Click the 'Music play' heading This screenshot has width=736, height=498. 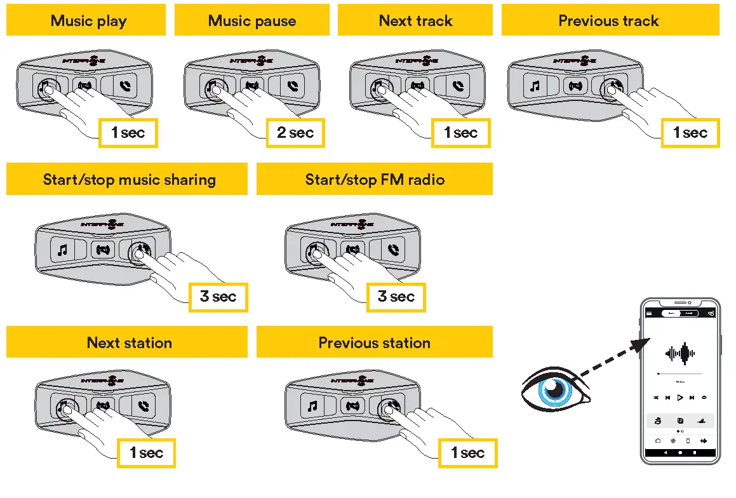pyautogui.click(x=88, y=20)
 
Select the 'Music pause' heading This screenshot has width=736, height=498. pyautogui.click(x=251, y=20)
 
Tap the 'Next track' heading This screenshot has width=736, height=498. pyautogui.click(x=415, y=20)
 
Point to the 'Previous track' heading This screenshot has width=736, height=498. pyautogui.click(x=608, y=20)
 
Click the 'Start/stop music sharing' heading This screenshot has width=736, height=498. pyautogui.click(x=129, y=180)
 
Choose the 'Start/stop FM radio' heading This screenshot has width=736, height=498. pyautogui.click(x=375, y=180)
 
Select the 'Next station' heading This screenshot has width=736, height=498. pyautogui.click(x=129, y=343)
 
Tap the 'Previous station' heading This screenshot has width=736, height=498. pyautogui.click(x=375, y=343)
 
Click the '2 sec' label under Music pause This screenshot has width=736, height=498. pyautogui.click(x=295, y=133)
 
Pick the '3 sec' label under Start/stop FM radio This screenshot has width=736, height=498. pyautogui.click(x=396, y=296)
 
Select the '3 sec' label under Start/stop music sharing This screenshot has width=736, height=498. pyautogui.click(x=218, y=296)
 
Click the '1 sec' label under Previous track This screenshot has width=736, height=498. pyautogui.click(x=690, y=133)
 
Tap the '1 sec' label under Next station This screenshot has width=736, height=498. pyautogui.click(x=147, y=453)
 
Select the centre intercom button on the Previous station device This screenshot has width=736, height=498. pyautogui.click(x=352, y=405)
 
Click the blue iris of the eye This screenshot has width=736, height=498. pyautogui.click(x=552, y=391)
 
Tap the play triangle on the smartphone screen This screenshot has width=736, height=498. pyautogui.click(x=679, y=398)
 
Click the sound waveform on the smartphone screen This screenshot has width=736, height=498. pyautogui.click(x=680, y=353)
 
